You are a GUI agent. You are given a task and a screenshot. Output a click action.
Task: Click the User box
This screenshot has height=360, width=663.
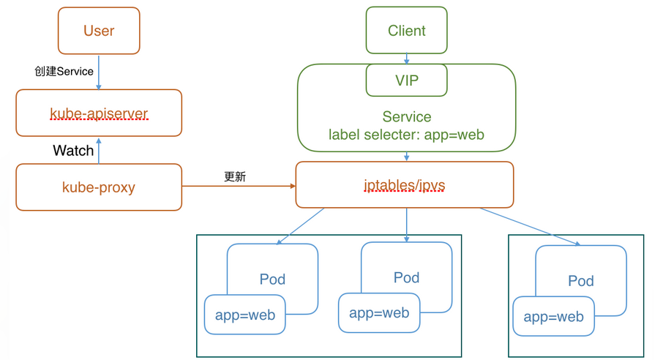pyautogui.click(x=99, y=31)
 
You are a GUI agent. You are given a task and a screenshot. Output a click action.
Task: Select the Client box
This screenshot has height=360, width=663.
pyautogui.click(x=406, y=30)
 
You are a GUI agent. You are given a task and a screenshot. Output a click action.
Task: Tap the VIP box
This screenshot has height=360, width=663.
pyautogui.click(x=406, y=80)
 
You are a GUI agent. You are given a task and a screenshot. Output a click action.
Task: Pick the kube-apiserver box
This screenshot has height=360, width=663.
pyautogui.click(x=99, y=113)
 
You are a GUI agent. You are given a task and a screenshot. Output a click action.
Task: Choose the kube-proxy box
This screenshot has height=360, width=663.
pyautogui.click(x=99, y=187)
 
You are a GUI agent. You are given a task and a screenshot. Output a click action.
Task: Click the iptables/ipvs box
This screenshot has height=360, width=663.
pyautogui.click(x=405, y=185)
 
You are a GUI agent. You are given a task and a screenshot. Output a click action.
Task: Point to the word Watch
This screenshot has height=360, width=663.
pyautogui.click(x=73, y=150)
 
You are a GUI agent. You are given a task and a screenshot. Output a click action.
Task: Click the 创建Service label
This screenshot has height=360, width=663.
pyautogui.click(x=64, y=71)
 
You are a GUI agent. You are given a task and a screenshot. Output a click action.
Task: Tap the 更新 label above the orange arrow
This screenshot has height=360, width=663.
pyautogui.click(x=235, y=176)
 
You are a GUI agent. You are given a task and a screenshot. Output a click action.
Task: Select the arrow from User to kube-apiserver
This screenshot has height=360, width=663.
pyautogui.click(x=99, y=72)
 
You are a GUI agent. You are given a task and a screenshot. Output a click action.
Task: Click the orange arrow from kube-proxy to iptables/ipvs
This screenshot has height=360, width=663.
pyautogui.click(x=239, y=186)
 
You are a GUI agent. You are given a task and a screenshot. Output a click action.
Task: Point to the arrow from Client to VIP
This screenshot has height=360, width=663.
pyautogui.click(x=406, y=59)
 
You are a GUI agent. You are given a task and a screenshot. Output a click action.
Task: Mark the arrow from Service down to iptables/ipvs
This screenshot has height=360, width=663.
pyautogui.click(x=406, y=157)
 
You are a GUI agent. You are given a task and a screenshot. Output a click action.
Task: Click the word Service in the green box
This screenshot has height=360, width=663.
pyautogui.click(x=407, y=116)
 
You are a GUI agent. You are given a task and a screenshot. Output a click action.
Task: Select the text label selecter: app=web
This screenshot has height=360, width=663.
pyautogui.click(x=406, y=135)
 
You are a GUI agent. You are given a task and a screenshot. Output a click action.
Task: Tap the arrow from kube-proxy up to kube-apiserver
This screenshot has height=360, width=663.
pyautogui.click(x=99, y=151)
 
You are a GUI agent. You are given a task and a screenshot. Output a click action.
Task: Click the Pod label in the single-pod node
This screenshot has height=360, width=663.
pyautogui.click(x=580, y=280)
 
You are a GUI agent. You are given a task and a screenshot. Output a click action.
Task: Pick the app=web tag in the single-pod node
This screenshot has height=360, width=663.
pyautogui.click(x=553, y=316)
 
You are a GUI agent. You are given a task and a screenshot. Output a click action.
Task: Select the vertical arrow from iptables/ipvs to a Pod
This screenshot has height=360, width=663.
pyautogui.click(x=406, y=225)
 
